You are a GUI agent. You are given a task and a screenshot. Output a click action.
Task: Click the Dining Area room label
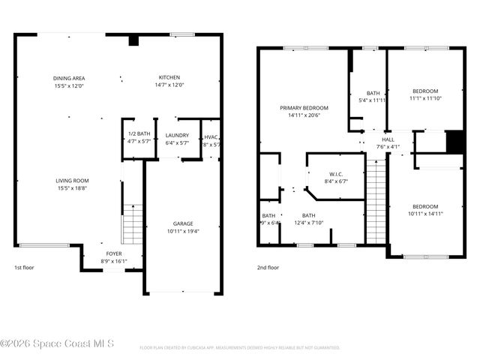68,82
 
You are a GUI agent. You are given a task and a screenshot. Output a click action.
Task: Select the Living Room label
72,184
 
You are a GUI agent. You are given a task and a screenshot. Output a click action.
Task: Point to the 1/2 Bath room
139,137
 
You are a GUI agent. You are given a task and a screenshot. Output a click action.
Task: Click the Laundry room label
177,138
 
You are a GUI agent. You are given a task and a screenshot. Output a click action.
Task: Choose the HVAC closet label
211,140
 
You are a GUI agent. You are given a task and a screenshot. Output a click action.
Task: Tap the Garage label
183,228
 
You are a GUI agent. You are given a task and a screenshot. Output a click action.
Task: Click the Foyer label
113,258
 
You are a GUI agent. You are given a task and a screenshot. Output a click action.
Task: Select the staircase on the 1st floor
132,224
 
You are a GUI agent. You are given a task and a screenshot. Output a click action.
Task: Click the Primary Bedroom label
304,112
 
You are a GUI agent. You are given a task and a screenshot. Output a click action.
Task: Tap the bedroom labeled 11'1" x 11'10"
425,94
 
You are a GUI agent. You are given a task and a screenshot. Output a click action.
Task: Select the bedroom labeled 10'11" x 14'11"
424,210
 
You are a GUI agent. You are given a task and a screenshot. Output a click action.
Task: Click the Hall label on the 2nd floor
388,143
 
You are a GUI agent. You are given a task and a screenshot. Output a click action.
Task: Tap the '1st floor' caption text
24,267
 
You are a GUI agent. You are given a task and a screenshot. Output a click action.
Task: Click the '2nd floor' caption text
268,267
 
